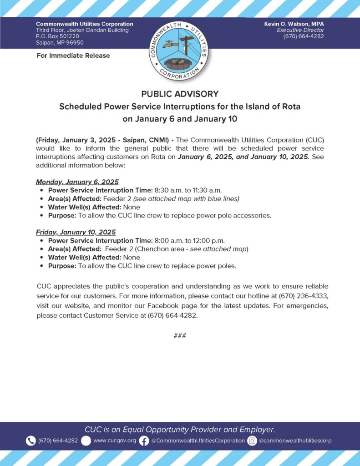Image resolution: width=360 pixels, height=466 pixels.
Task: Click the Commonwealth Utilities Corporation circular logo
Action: coord(179,50)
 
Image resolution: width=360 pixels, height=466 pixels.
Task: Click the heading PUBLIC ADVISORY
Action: coord(180,94)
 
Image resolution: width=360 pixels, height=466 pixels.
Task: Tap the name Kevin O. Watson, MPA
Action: coord(294,24)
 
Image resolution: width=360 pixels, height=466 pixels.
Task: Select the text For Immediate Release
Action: coord(73,56)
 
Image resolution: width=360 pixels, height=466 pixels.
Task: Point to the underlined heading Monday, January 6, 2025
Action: coord(77,182)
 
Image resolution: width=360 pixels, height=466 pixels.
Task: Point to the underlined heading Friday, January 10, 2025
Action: coord(76,232)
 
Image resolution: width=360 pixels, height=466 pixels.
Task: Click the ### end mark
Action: coord(180,336)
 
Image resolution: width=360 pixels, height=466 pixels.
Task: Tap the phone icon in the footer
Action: coord(30,441)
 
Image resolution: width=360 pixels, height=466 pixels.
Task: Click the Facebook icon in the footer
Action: coord(144,441)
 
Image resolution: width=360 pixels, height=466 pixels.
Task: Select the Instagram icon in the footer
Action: coord(252,441)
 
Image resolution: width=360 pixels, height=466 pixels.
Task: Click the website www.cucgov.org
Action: coord(114,441)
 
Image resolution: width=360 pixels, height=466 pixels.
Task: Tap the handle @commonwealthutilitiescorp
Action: coord(295,441)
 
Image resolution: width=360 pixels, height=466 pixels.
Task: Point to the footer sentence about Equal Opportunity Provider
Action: coord(180,429)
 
